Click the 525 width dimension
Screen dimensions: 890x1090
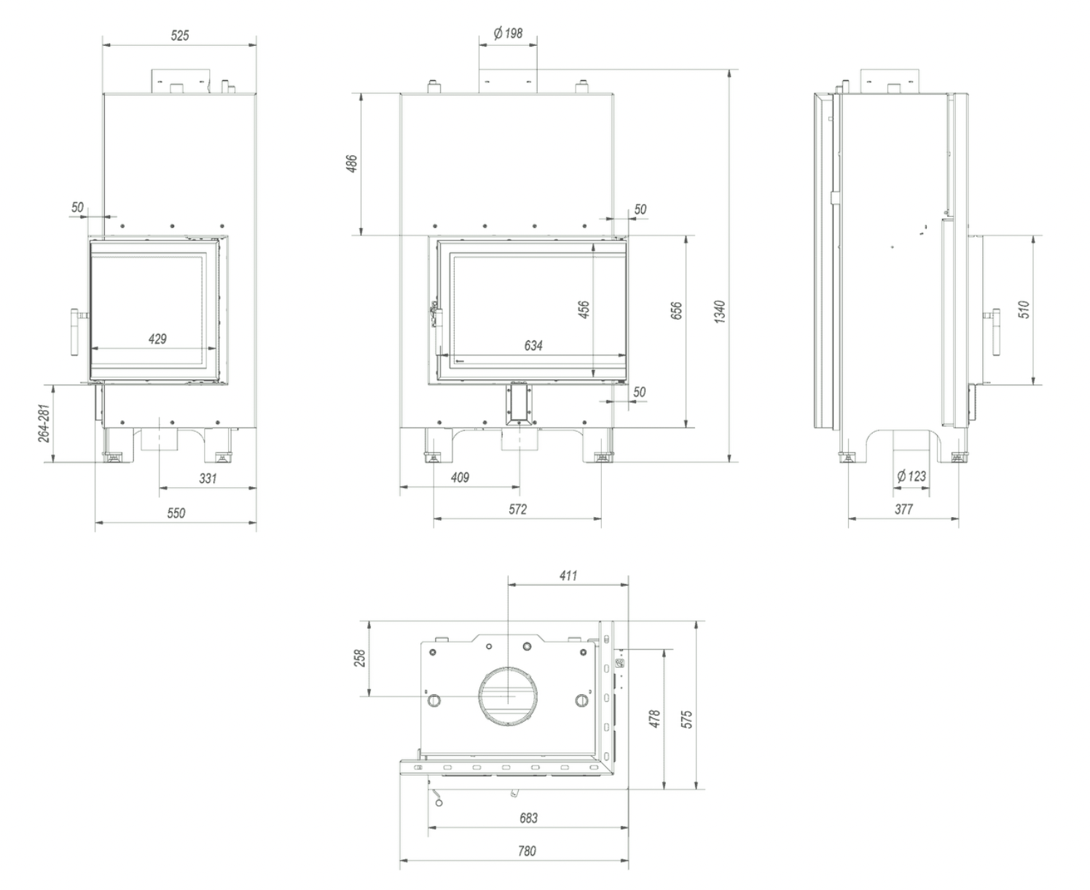coord(179,35)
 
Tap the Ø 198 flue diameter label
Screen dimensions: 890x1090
coord(508,34)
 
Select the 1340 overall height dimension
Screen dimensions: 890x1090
coord(719,312)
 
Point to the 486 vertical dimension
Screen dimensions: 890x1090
coord(352,165)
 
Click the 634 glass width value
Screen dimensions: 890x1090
coord(533,345)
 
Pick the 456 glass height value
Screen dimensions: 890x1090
coord(584,309)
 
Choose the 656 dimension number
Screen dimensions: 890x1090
coord(676,311)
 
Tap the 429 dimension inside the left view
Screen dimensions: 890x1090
coord(157,339)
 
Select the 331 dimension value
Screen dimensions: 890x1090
coord(208,479)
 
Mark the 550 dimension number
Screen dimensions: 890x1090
coord(176,513)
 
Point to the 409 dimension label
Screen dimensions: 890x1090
coord(460,478)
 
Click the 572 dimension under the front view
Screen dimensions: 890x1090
coord(517,509)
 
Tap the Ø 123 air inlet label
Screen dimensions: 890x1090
coord(911,476)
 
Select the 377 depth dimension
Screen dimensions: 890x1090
coord(903,509)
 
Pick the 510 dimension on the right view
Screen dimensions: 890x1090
coord(1024,310)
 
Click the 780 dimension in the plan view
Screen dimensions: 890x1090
coord(527,851)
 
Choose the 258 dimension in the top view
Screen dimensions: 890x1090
coord(359,658)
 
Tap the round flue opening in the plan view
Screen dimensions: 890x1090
coord(507,696)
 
